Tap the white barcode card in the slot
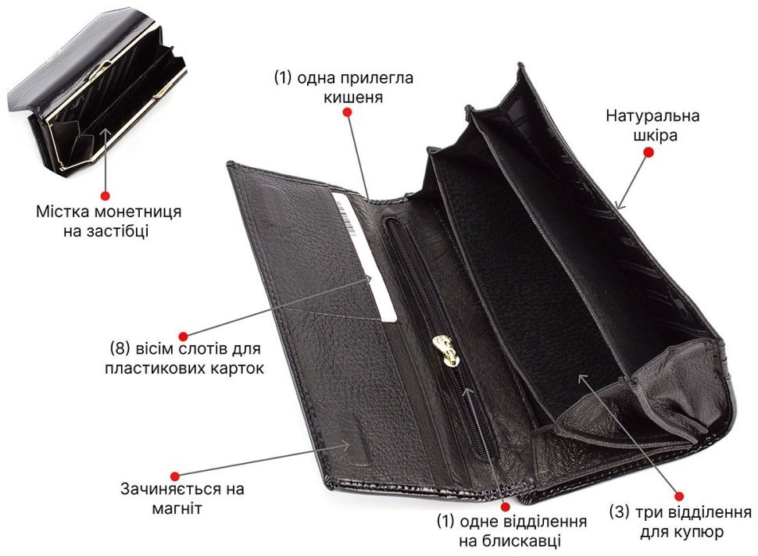364,256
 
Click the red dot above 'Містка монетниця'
105,196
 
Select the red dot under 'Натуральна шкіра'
649,152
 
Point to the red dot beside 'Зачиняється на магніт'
175,477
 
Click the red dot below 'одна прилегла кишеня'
347,112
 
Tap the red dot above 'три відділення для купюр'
679,496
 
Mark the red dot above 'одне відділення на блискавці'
506,507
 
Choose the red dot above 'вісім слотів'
183,337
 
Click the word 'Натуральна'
653,116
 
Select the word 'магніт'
177,508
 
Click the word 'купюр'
699,532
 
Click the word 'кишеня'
353,97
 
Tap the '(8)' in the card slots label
117,349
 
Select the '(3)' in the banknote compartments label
619,512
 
